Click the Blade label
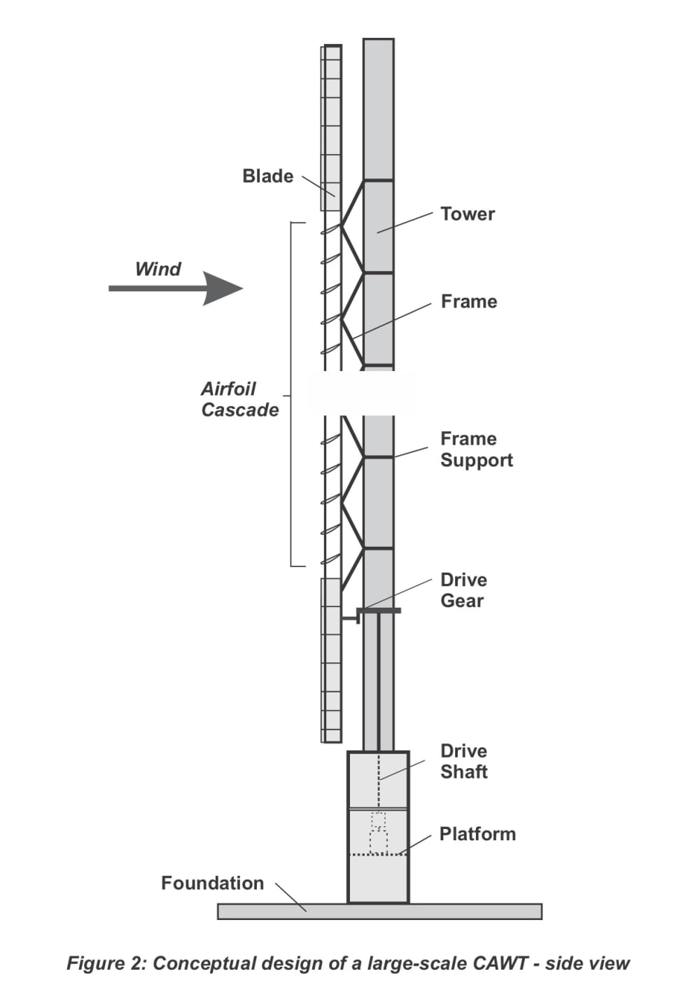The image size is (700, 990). tap(268, 176)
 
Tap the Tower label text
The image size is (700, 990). tap(468, 214)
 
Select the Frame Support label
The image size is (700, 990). tap(477, 449)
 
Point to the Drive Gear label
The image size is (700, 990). tap(463, 590)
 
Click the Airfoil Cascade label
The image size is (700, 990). tap(240, 400)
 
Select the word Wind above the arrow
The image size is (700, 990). tap(157, 269)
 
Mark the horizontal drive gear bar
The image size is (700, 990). tap(379, 611)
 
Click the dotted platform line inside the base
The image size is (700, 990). tap(378, 855)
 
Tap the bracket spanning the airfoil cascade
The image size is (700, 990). tap(291, 394)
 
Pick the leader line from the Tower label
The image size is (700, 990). tap(405, 222)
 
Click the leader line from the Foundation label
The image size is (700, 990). tap(290, 897)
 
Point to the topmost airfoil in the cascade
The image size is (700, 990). tap(330, 230)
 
